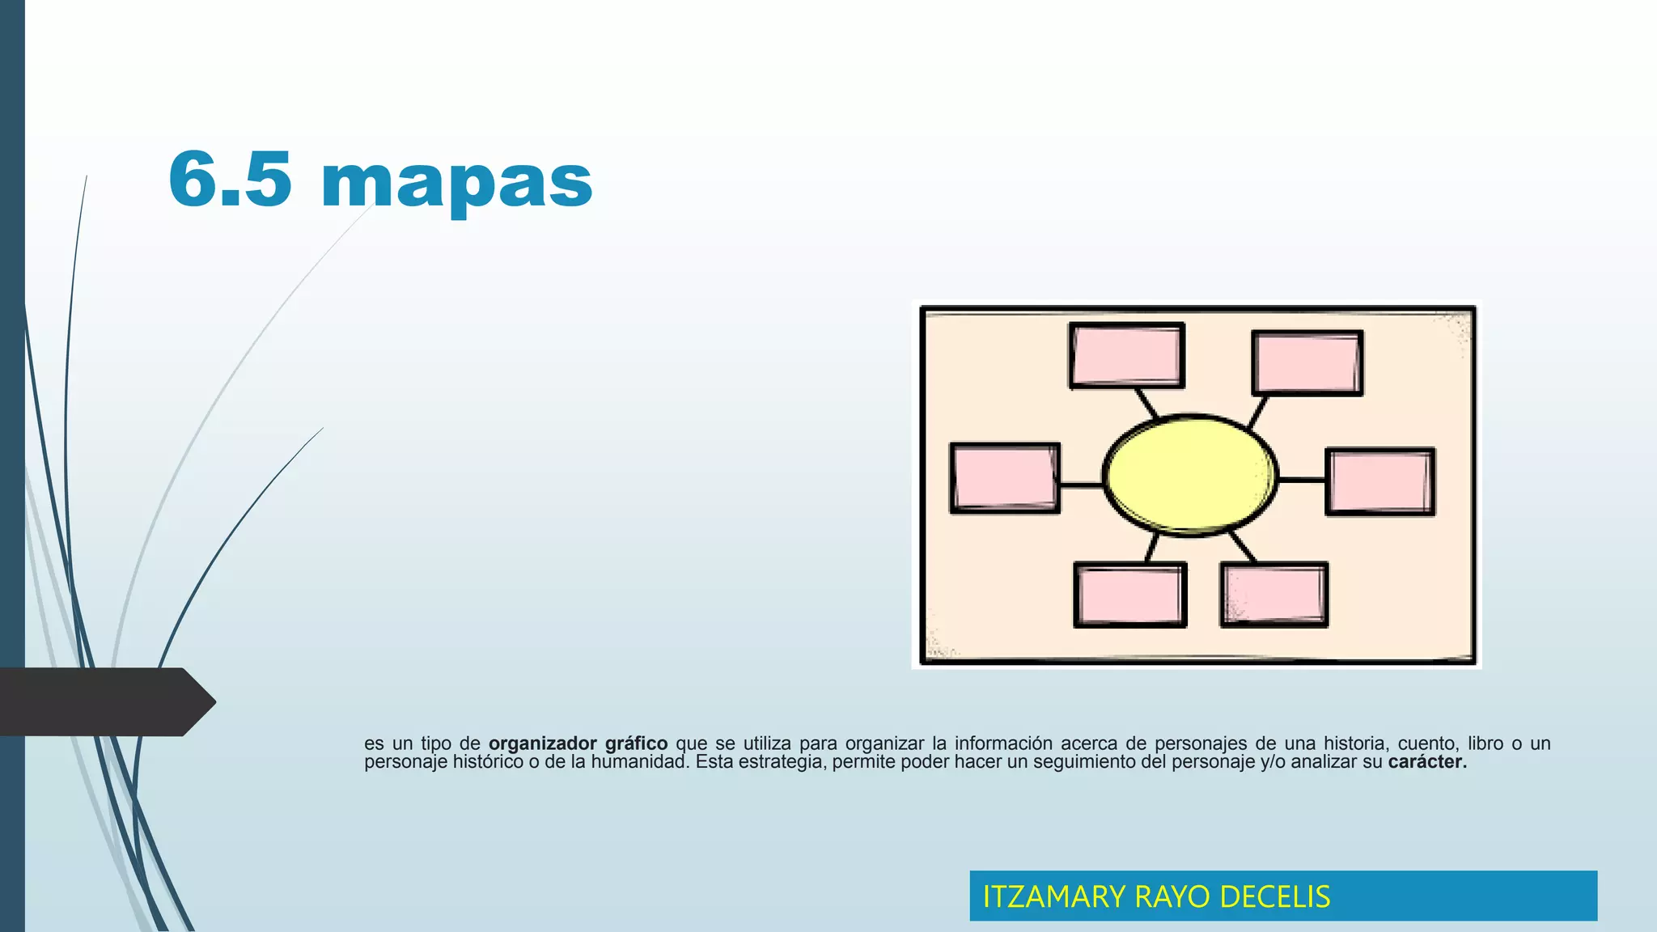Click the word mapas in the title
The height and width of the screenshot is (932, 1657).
point(457,182)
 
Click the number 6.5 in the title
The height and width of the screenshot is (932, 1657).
point(230,180)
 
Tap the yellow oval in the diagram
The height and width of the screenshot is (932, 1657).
point(1190,475)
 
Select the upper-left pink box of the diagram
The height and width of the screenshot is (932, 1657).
point(1126,356)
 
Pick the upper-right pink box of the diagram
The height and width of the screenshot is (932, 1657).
point(1307,362)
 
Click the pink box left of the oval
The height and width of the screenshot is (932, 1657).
point(1005,477)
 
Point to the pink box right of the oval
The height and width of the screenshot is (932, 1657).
point(1380,481)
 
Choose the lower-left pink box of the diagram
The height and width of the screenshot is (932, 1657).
point(1130,595)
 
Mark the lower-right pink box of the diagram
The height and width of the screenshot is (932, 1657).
point(1274,595)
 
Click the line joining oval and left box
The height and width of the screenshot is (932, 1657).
point(1081,485)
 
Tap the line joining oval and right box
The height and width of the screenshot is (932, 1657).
point(1302,481)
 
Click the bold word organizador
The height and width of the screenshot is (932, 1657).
point(542,743)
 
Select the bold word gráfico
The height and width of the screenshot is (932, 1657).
point(636,743)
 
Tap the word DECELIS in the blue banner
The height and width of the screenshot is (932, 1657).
point(1274,896)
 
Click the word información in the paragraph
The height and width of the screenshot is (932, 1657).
point(1003,743)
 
